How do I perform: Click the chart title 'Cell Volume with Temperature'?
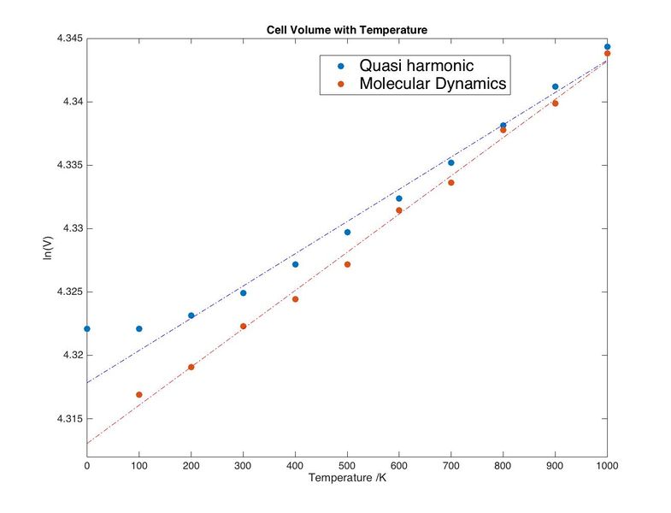346,30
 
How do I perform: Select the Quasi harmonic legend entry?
416,66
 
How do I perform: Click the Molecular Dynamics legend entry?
433,84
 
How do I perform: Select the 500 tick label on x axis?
347,465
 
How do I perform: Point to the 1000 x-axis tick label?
607,465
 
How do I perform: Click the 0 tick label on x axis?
86,465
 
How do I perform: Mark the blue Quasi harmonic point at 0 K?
86,328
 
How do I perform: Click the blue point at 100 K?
138,328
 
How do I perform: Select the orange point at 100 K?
138,394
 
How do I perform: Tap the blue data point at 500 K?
347,232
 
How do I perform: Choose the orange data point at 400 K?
295,299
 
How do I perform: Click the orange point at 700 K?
451,182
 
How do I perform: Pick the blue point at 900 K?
555,86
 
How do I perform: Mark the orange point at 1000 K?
607,53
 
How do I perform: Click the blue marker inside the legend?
342,66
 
